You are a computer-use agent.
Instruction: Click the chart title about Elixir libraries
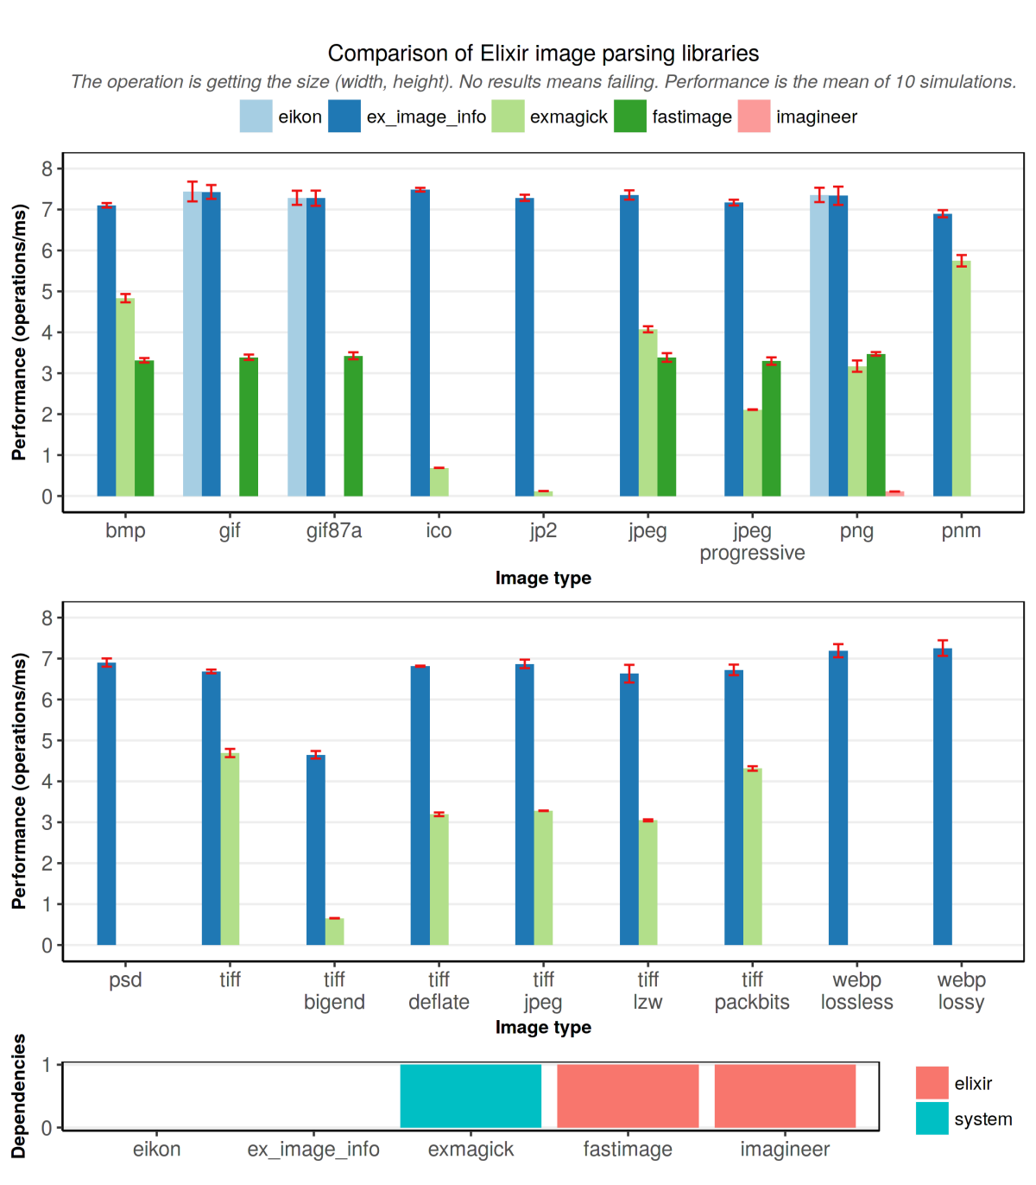(x=543, y=54)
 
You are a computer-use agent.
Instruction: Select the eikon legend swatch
(x=256, y=117)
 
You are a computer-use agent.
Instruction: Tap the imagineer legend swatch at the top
(x=754, y=117)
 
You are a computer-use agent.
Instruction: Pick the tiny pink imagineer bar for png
(x=894, y=493)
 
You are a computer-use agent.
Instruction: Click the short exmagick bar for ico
(x=439, y=482)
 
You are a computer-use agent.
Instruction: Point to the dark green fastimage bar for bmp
(x=144, y=428)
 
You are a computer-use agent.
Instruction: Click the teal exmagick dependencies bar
(x=471, y=1096)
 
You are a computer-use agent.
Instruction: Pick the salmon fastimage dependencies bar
(x=628, y=1096)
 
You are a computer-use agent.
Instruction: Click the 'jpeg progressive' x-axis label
(x=752, y=542)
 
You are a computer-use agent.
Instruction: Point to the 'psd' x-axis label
(x=125, y=980)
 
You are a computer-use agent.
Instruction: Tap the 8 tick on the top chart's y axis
(x=47, y=168)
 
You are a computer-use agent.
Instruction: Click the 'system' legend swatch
(x=932, y=1118)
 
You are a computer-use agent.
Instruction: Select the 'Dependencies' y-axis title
(x=19, y=1095)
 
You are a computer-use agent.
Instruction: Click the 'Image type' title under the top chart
(x=543, y=578)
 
